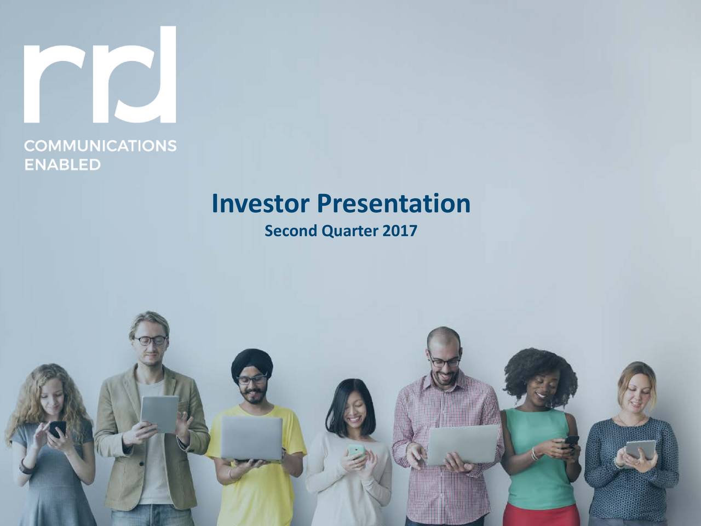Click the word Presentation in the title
(x=393, y=204)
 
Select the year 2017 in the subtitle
(x=399, y=232)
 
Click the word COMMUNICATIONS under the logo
(x=100, y=146)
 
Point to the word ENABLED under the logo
(x=62, y=164)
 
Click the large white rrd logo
(x=100, y=75)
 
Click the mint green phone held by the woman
(x=356, y=451)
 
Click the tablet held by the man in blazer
(x=159, y=414)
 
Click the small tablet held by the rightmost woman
(x=640, y=450)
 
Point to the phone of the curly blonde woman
(x=57, y=428)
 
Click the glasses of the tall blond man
(x=151, y=340)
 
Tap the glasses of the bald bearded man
(x=445, y=362)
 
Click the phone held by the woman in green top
(x=571, y=441)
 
